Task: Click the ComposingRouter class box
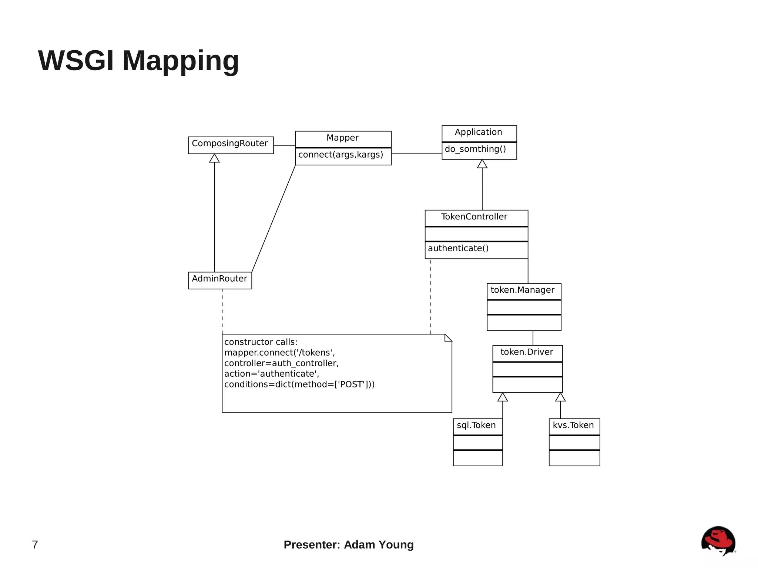click(x=230, y=145)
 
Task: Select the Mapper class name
click(x=342, y=138)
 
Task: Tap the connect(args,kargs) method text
click(x=341, y=155)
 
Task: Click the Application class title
click(x=478, y=132)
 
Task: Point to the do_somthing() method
click(x=475, y=149)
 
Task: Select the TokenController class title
click(x=474, y=217)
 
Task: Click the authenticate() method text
click(x=458, y=248)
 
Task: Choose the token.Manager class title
click(x=522, y=290)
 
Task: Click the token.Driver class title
click(x=527, y=352)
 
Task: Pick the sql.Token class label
click(x=476, y=426)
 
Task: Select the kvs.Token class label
click(x=573, y=426)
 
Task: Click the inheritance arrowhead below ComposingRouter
click(x=214, y=158)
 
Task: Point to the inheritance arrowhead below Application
click(x=482, y=164)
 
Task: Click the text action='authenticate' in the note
click(x=272, y=374)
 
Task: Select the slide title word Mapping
click(x=181, y=61)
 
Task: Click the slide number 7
click(x=35, y=545)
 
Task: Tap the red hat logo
click(x=718, y=541)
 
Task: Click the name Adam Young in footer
click(x=379, y=545)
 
